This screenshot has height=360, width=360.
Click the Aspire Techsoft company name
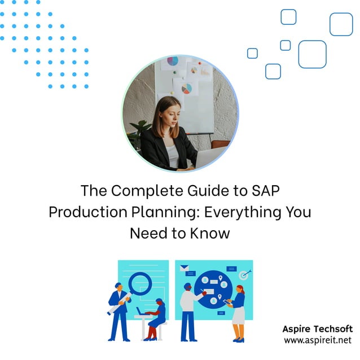[317, 329]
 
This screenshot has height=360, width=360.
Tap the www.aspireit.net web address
[317, 340]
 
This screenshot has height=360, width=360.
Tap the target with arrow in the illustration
[244, 275]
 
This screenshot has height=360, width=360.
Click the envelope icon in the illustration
[184, 269]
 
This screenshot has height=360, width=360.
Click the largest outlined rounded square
[312, 54]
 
